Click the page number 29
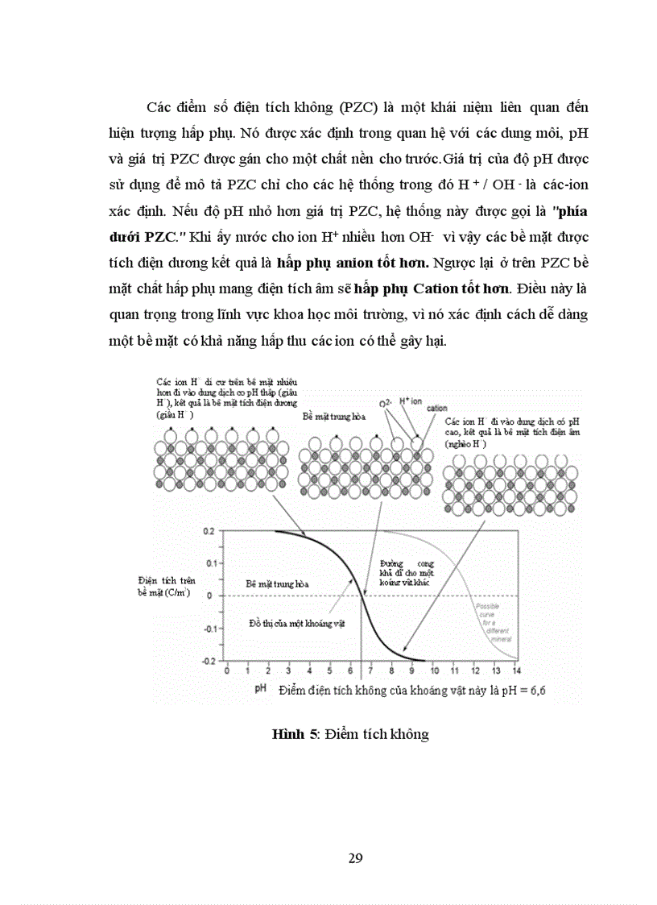[x=356, y=857]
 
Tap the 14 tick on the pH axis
[x=517, y=670]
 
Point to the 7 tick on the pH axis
[x=371, y=670]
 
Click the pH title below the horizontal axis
[x=261, y=690]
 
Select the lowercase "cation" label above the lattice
[x=437, y=409]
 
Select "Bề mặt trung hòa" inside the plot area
[x=277, y=583]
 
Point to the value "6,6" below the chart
[x=544, y=691]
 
